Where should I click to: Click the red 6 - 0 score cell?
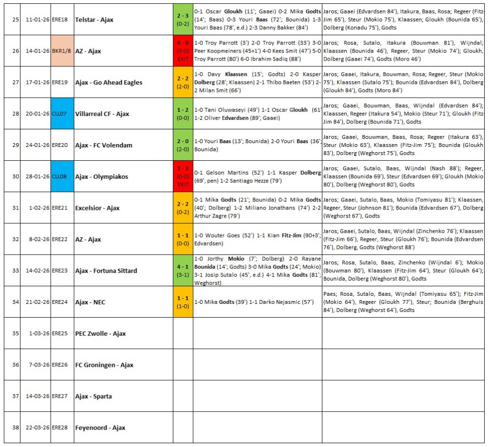(183, 51)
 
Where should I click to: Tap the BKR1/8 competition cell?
(62, 51)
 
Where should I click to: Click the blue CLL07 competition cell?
(62, 114)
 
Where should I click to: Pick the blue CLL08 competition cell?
(62, 177)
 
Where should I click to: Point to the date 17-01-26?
(35, 83)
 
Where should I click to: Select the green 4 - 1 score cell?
(183, 270)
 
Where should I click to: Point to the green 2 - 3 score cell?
(183, 20)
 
